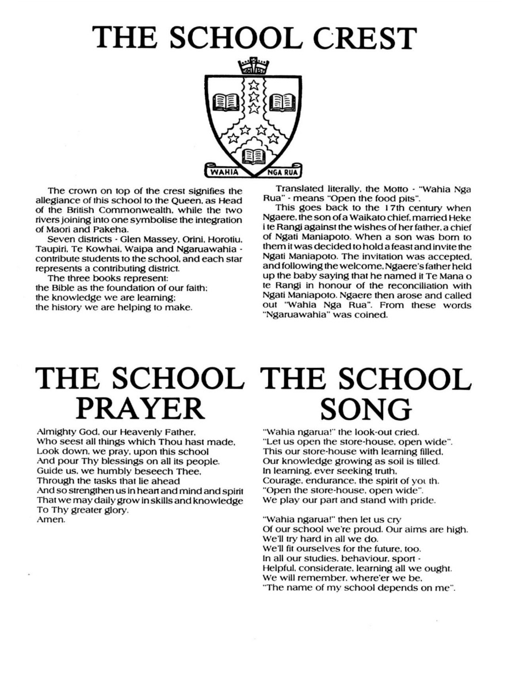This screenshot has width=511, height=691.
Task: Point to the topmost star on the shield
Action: tap(254, 86)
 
